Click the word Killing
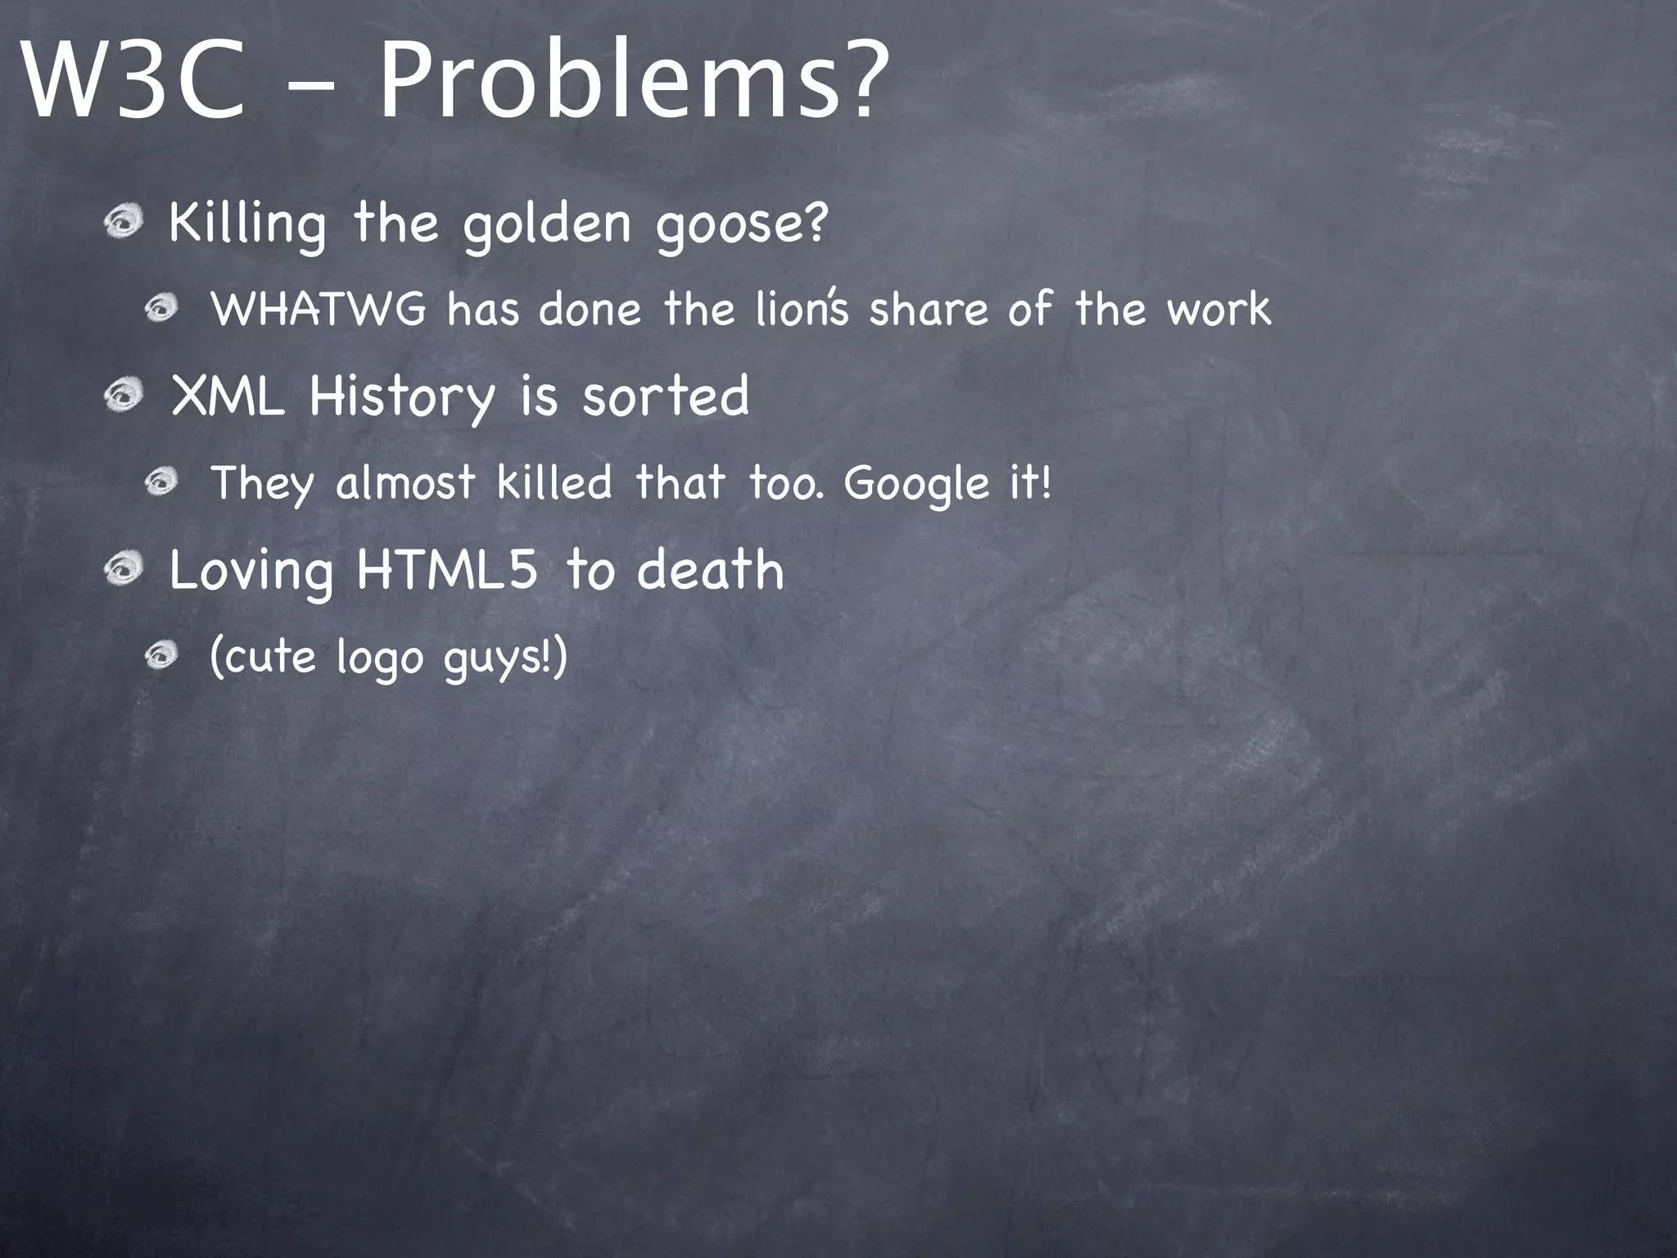246,223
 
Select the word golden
547,223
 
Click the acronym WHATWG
319,310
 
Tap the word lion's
802,310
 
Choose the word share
929,310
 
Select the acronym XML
228,396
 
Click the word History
402,398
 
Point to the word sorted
666,396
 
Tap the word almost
405,482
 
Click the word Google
916,484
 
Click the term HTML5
447,570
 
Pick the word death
711,570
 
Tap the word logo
379,658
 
